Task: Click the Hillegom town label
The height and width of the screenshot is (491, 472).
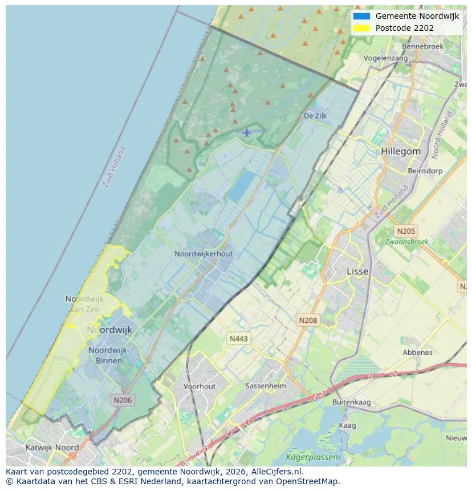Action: point(401,152)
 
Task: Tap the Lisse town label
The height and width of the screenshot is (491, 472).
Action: point(357,271)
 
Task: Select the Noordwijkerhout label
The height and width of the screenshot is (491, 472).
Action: point(204,254)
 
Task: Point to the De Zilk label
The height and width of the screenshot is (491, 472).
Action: point(315,116)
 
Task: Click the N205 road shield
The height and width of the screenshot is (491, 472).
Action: point(406,231)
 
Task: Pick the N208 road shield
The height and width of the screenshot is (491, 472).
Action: point(307,320)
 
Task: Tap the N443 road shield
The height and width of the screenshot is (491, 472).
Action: point(238,339)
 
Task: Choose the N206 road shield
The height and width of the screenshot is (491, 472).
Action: point(123,400)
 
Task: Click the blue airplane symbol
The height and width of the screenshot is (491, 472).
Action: point(246,132)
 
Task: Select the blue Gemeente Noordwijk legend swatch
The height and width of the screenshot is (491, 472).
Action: point(361,16)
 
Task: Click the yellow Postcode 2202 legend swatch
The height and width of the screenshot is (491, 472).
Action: point(361,28)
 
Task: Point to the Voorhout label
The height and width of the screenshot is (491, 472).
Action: point(200,386)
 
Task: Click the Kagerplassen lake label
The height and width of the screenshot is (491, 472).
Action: point(312,457)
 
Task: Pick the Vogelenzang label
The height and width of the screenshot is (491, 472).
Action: point(386,58)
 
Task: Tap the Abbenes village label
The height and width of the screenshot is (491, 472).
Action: point(417,352)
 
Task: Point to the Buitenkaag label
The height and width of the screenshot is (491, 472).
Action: point(351,402)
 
